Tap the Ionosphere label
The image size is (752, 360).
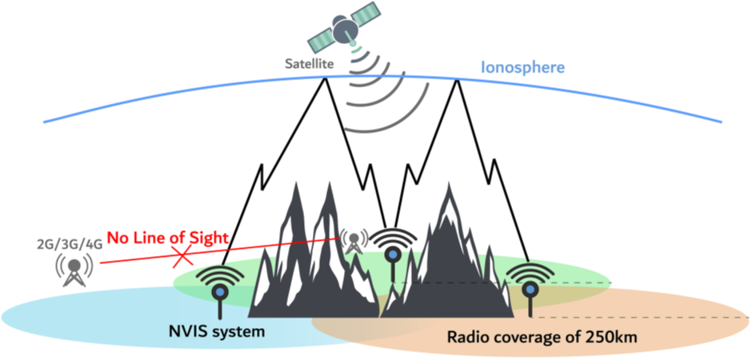[x=522, y=67]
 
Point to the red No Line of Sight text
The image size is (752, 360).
[x=167, y=237]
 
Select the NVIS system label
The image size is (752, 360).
[x=218, y=330]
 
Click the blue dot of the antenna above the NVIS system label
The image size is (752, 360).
[x=220, y=291]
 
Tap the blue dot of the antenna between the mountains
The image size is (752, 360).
[x=394, y=254]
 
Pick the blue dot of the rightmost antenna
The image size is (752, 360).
[x=530, y=289]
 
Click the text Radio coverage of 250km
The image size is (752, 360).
[x=542, y=337]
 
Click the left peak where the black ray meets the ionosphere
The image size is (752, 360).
[x=325, y=78]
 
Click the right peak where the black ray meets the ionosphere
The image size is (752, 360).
[x=457, y=79]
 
